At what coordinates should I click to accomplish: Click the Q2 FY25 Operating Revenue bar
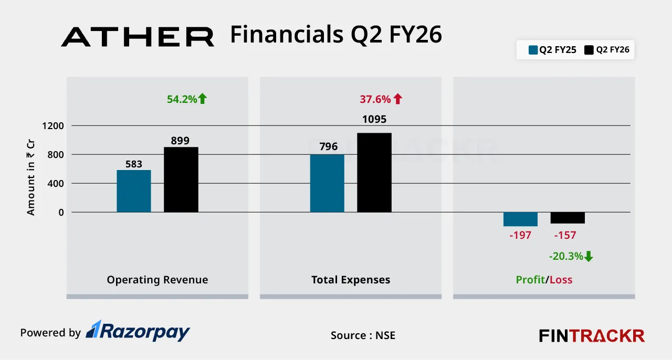[x=133, y=191]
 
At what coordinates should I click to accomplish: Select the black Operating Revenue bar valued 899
[x=181, y=179]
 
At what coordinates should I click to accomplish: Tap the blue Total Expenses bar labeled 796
[x=327, y=183]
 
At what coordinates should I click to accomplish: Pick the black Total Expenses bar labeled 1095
[x=374, y=173]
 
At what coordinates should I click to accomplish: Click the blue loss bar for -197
[x=520, y=219]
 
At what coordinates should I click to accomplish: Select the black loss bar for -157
[x=568, y=218]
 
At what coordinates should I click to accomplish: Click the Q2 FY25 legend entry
[x=552, y=50]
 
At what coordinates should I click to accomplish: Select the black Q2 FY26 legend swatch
[x=589, y=50]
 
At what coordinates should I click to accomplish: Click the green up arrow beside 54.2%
[x=203, y=99]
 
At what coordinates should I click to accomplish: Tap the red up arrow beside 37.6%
[x=397, y=99]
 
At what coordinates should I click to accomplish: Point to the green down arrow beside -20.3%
[x=589, y=256]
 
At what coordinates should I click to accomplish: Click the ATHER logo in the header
[x=138, y=37]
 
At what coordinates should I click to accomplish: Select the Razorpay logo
[x=138, y=332]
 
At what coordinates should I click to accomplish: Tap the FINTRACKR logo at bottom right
[x=592, y=335]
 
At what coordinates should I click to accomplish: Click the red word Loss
[x=561, y=280]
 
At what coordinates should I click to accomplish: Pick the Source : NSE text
[x=363, y=335]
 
